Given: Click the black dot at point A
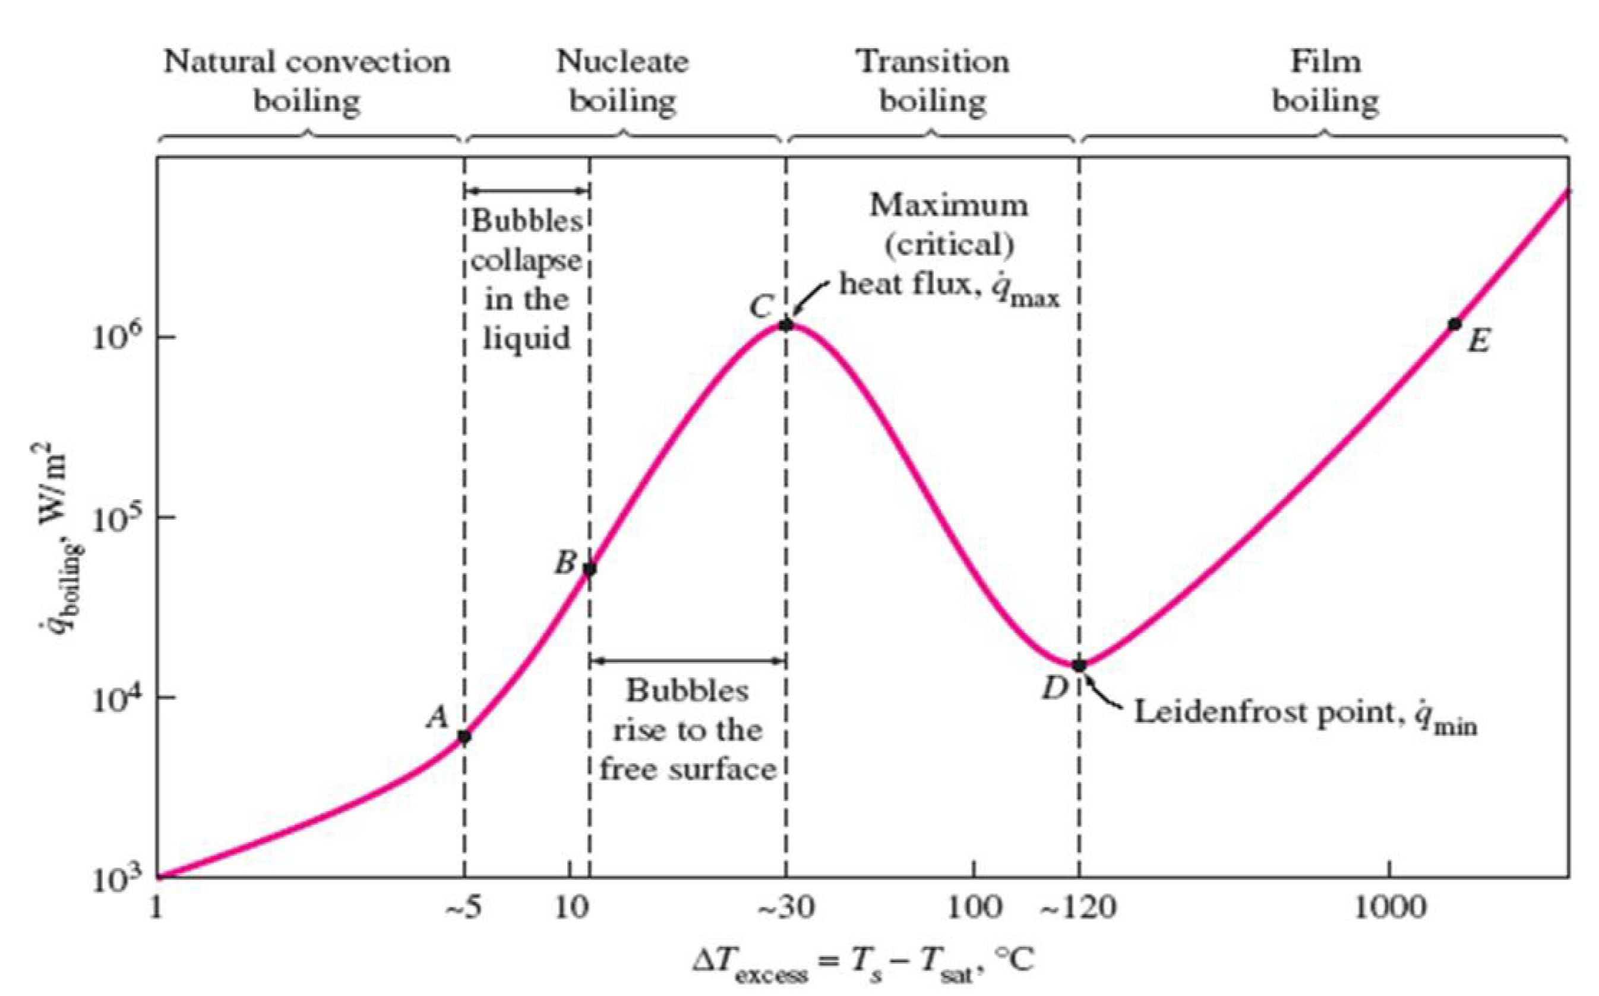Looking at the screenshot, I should tap(464, 736).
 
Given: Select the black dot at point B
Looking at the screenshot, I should tap(590, 569).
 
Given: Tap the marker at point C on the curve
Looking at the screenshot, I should tap(785, 324).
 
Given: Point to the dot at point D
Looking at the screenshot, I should tap(1079, 666).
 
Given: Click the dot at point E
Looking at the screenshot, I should tap(1455, 324).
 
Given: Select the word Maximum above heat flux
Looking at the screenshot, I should tap(949, 206).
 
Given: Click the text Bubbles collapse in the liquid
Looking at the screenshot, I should tap(527, 279).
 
